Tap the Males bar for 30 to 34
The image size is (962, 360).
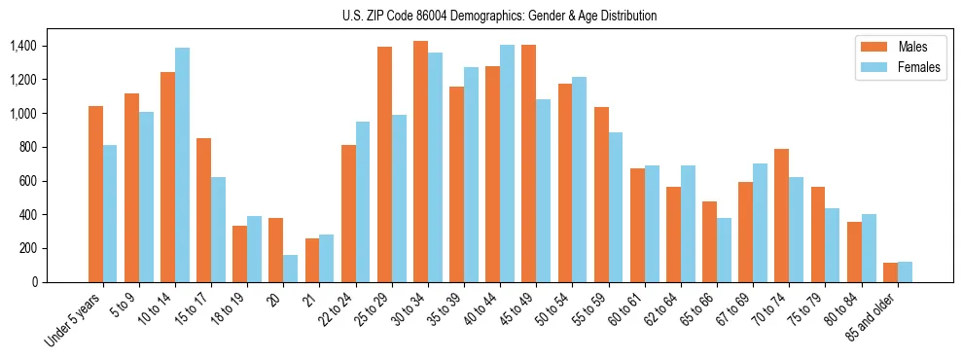click(x=420, y=162)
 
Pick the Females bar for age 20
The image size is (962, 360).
click(x=291, y=269)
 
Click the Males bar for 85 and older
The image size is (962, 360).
click(x=890, y=272)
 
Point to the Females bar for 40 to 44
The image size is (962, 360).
click(x=507, y=163)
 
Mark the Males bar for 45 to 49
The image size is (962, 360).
click(x=528, y=163)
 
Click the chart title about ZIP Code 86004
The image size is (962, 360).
click(x=499, y=16)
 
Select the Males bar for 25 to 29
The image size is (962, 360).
click(x=384, y=164)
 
